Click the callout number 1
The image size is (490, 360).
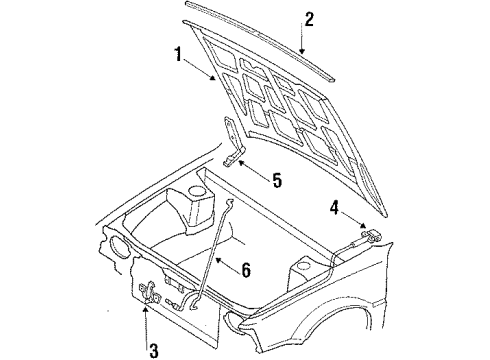click(179, 55)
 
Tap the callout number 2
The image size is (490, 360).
click(309, 19)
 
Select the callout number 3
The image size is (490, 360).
click(153, 350)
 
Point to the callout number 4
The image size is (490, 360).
click(334, 208)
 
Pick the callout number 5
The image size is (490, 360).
click(277, 180)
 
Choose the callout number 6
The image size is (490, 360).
click(246, 270)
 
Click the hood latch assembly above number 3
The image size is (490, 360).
click(150, 293)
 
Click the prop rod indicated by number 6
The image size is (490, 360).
click(212, 252)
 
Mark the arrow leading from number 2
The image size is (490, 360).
click(302, 37)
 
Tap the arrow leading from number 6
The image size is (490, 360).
click(228, 263)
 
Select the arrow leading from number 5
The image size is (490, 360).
click(255, 169)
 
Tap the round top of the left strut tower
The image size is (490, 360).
click(199, 191)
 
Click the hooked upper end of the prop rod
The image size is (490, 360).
click(229, 202)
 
